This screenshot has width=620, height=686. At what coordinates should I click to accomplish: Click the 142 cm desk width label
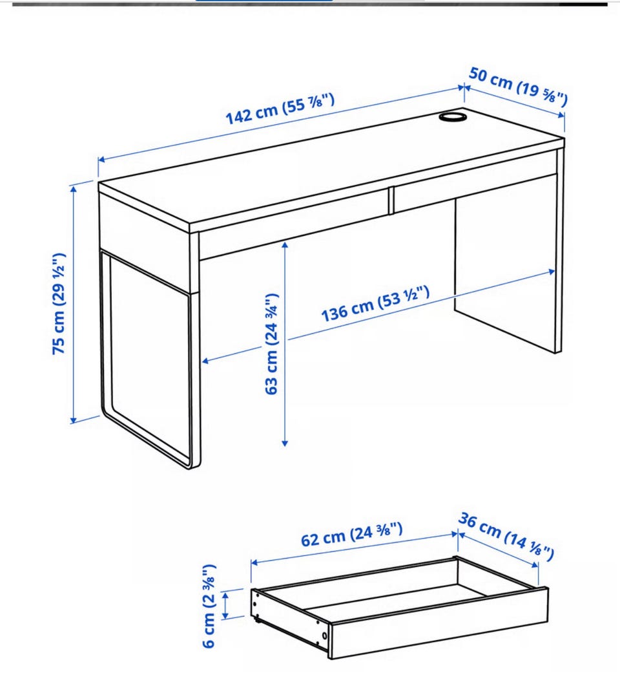(x=280, y=109)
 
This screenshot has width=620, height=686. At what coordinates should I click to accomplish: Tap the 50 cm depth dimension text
(x=519, y=87)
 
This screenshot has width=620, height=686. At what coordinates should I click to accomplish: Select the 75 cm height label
(x=59, y=304)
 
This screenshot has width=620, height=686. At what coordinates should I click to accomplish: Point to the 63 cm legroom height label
(x=271, y=344)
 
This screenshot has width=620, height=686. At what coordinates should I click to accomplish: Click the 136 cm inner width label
(x=375, y=304)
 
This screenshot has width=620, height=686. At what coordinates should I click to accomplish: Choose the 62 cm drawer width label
(x=352, y=534)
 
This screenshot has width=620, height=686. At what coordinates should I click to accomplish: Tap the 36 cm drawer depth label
(x=506, y=537)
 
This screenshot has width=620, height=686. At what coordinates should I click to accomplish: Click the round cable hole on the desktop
(x=452, y=117)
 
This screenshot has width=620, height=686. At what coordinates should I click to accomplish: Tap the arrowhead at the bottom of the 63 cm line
(x=285, y=443)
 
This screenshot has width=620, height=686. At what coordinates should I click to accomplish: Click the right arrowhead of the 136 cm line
(x=552, y=272)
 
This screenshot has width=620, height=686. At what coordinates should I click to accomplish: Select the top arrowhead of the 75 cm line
(x=74, y=189)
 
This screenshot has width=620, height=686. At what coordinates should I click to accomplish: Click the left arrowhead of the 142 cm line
(x=102, y=160)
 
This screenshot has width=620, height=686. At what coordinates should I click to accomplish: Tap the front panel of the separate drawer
(x=439, y=623)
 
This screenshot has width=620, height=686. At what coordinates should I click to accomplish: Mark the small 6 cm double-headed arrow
(x=225, y=605)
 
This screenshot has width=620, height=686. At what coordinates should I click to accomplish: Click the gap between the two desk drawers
(x=391, y=201)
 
